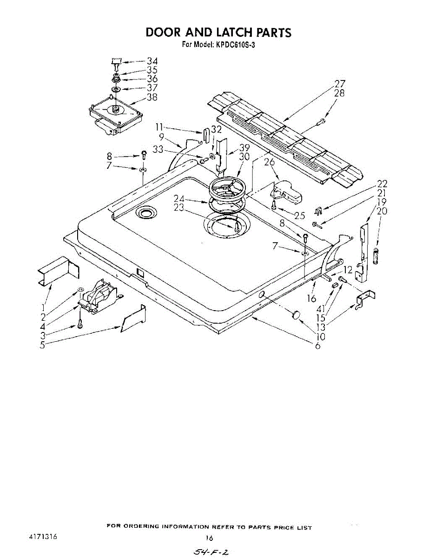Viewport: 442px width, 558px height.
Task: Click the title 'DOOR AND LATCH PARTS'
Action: pos(218,33)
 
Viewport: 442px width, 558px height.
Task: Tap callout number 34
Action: pos(152,61)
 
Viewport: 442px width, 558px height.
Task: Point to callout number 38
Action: pos(152,97)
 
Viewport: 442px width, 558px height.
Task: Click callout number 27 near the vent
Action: pos(340,84)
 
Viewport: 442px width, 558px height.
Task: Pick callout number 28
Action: pos(340,93)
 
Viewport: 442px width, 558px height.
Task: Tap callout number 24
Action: pos(179,199)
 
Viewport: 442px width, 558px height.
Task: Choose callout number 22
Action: pos(382,184)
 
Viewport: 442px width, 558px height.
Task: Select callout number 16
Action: pos(311,299)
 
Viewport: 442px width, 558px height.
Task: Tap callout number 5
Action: pos(42,345)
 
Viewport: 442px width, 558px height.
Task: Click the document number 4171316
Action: pos(43,536)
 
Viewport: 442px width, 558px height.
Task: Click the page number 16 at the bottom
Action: pos(209,538)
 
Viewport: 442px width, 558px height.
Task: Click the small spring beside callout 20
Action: pos(376,255)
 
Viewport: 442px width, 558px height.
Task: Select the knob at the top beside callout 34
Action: pos(116,60)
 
